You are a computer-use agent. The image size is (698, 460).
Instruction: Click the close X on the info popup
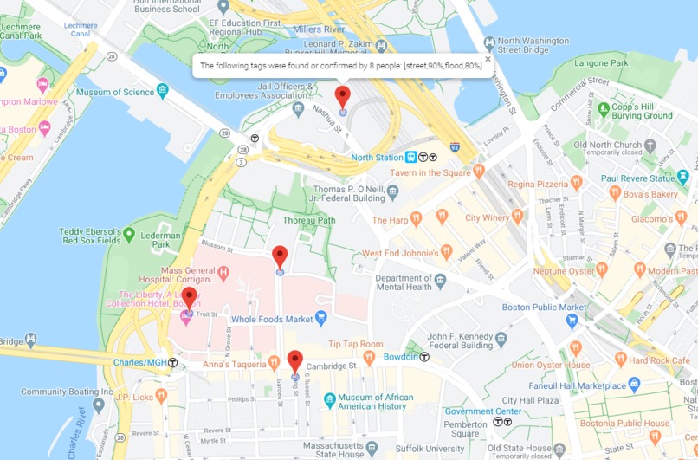tap(488, 60)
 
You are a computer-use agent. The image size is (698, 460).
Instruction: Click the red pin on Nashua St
tap(343, 97)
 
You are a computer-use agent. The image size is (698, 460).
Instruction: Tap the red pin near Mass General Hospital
tap(280, 256)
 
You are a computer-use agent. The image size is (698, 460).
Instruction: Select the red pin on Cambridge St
tap(294, 361)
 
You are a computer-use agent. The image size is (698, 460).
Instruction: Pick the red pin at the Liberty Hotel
tap(189, 298)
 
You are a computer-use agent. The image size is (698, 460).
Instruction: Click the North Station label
tap(377, 158)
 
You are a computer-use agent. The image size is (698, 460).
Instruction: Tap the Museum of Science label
tap(115, 92)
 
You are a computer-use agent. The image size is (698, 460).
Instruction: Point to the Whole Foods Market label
tap(272, 320)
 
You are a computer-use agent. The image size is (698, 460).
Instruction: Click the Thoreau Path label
tap(308, 220)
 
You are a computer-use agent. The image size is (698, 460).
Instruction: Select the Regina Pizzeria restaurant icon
tap(576, 183)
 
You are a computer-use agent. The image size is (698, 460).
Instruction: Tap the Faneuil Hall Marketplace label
tap(579, 385)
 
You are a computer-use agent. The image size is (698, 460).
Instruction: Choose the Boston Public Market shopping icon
tap(571, 321)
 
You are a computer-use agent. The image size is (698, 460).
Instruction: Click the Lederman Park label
tap(160, 240)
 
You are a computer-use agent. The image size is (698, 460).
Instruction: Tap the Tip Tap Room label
tap(355, 344)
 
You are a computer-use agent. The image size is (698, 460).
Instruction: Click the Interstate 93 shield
tap(455, 148)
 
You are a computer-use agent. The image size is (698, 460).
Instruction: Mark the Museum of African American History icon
tap(329, 400)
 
